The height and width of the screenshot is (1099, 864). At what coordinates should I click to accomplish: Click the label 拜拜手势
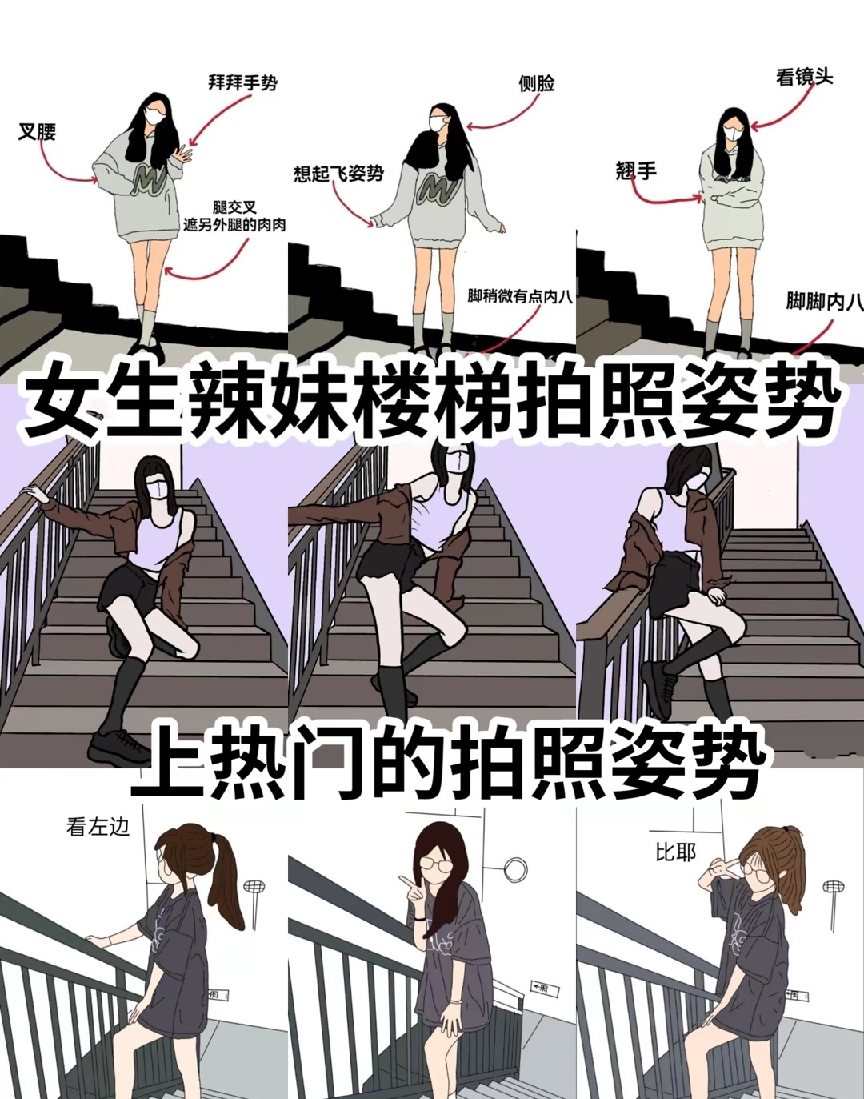coord(242,82)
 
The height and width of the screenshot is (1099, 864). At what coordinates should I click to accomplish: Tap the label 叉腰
coord(38,132)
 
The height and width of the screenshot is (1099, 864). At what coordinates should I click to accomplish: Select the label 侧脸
coord(536,84)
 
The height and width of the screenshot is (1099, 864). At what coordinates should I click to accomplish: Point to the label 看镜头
coord(804,77)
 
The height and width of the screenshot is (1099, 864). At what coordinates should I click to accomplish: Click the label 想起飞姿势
coord(338,174)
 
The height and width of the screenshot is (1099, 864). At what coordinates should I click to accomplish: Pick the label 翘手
coord(636,170)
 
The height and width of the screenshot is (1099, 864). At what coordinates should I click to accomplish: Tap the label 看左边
coord(98,827)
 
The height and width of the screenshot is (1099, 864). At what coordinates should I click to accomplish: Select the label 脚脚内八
coord(825,302)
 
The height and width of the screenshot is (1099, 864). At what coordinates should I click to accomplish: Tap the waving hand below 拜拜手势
coord(182,153)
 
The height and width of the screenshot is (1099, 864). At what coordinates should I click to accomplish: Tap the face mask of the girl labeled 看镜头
coord(733,134)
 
